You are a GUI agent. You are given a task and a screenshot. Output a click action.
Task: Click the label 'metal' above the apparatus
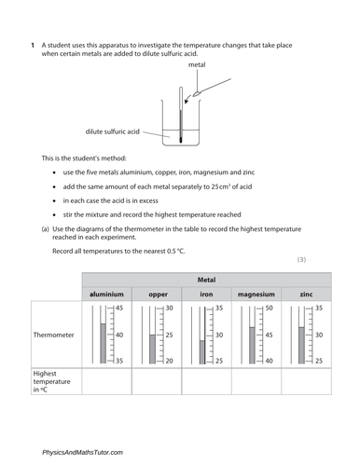click(197, 66)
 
